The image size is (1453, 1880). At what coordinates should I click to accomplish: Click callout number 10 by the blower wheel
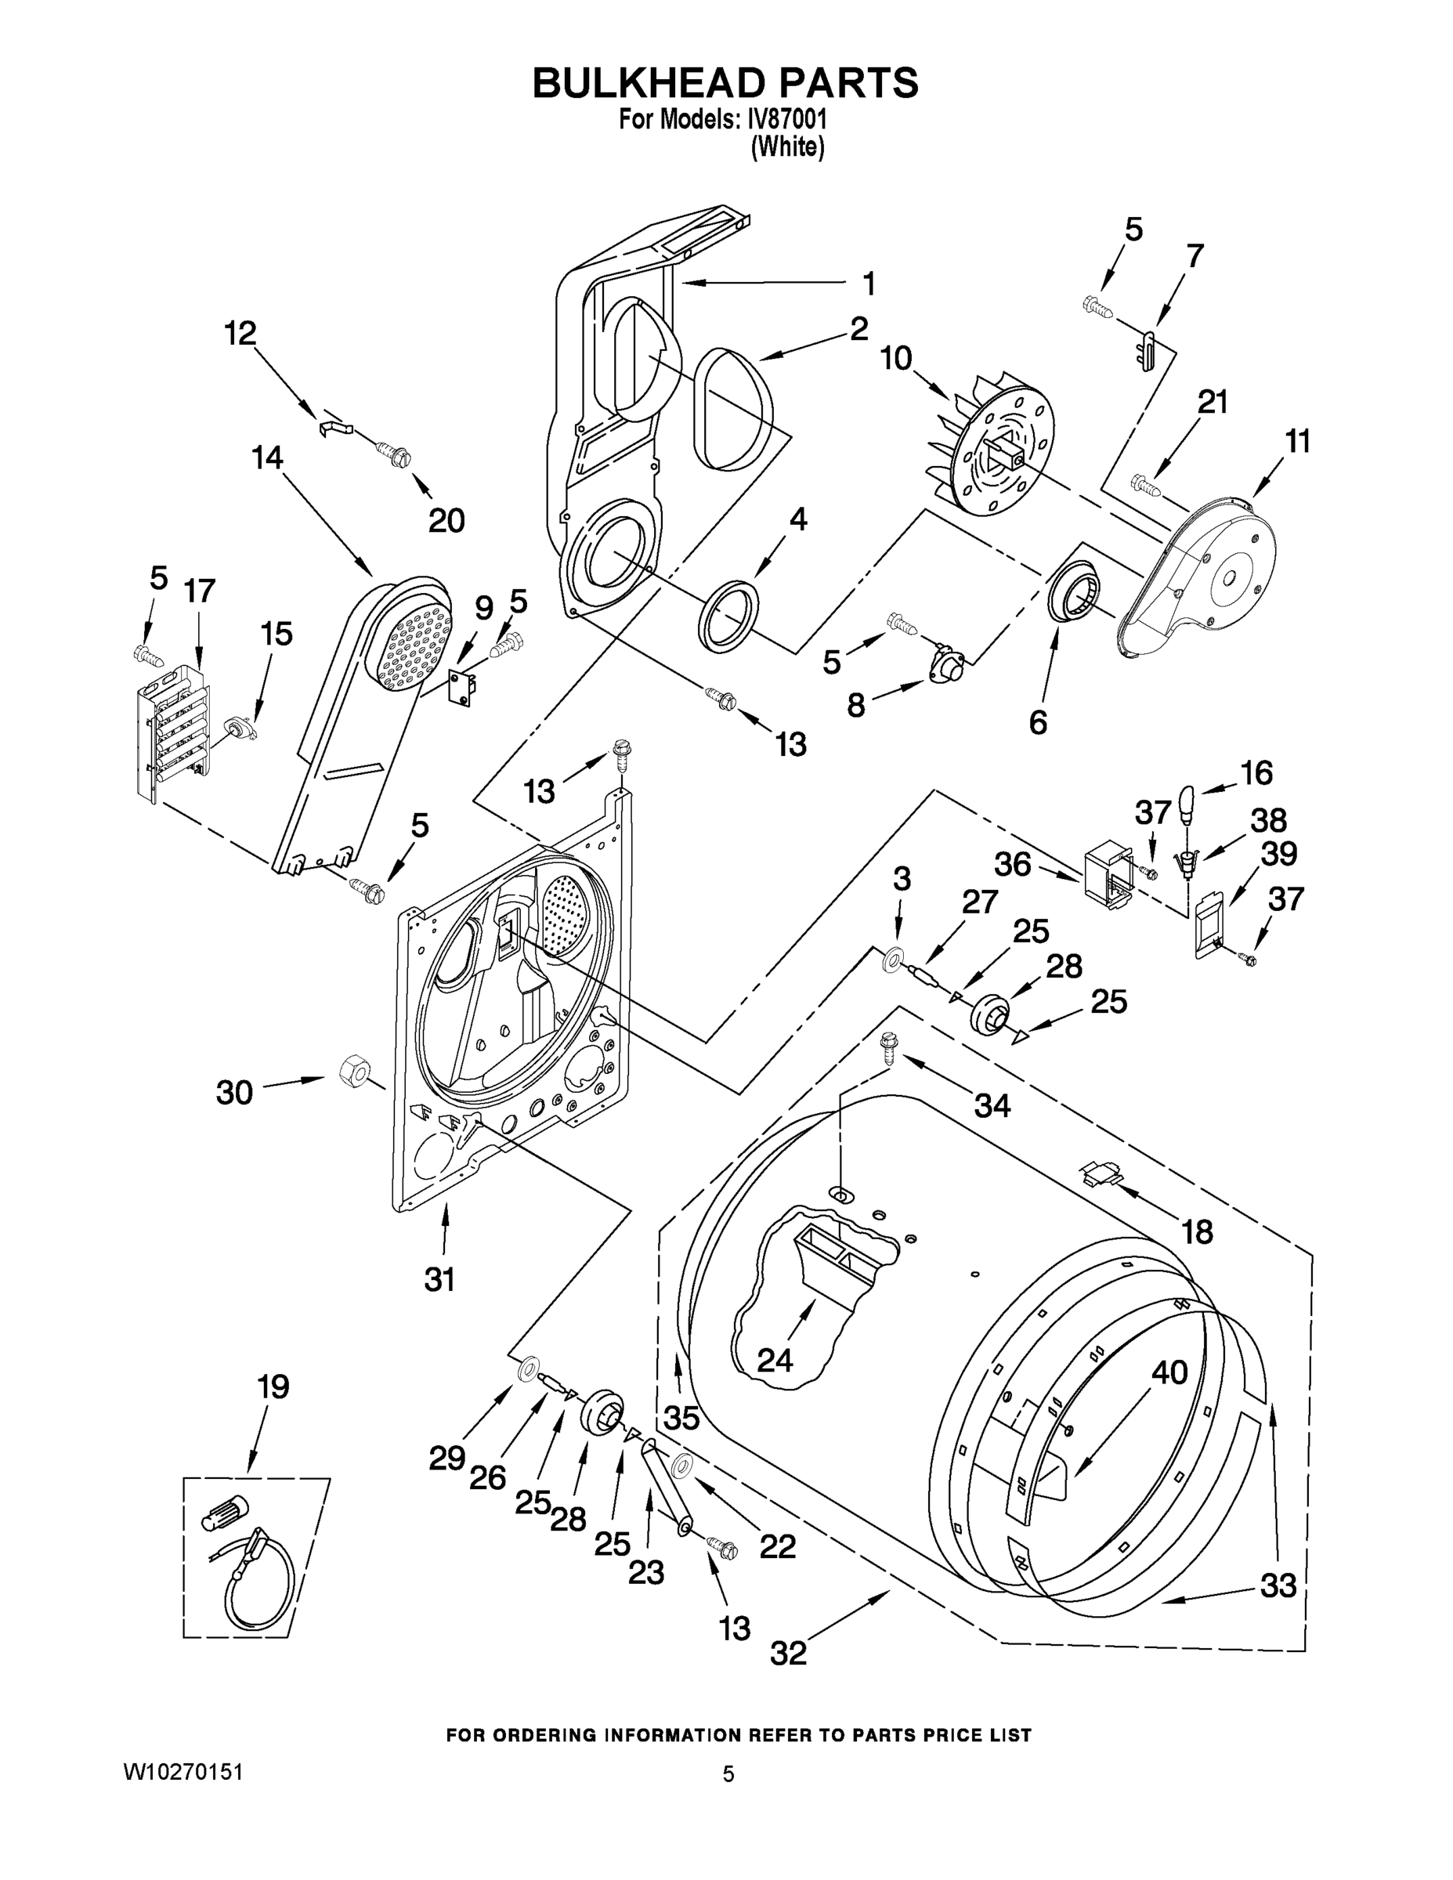[x=896, y=357]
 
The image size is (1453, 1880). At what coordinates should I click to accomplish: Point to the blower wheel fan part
[x=990, y=447]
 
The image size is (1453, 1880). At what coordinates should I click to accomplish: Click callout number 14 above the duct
[x=268, y=458]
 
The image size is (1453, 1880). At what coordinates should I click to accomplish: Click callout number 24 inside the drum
[x=775, y=1360]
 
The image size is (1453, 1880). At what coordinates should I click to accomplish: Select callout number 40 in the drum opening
[x=1169, y=1372]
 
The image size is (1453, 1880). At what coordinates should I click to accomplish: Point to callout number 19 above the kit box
[x=273, y=1386]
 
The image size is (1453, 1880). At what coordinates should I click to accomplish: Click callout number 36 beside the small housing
[x=1012, y=864]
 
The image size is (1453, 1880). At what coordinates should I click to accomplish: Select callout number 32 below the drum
[x=789, y=1653]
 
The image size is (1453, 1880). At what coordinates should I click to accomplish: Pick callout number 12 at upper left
[x=241, y=333]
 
